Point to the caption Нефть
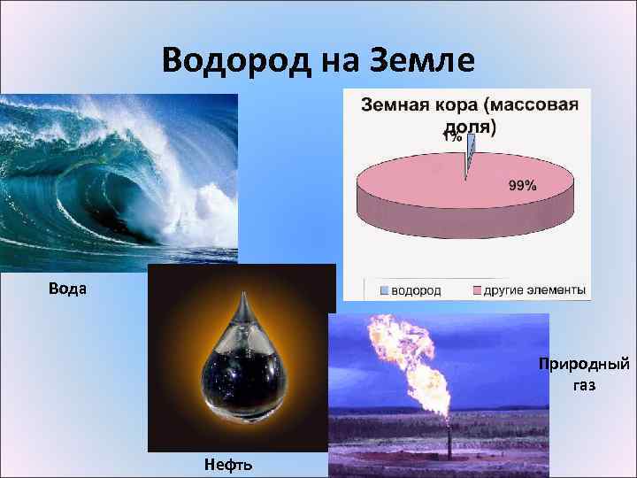point(228,465)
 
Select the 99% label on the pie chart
point(522,185)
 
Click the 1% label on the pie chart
point(452,137)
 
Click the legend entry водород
point(416,290)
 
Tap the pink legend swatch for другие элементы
point(476,290)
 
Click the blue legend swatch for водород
point(384,290)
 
